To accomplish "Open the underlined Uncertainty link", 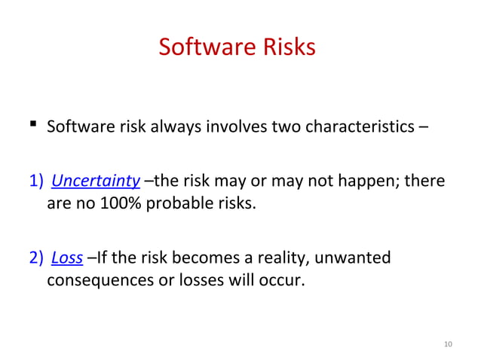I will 96,182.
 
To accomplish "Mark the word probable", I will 170,203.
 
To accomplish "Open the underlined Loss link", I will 67,259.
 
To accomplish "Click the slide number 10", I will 448,344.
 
